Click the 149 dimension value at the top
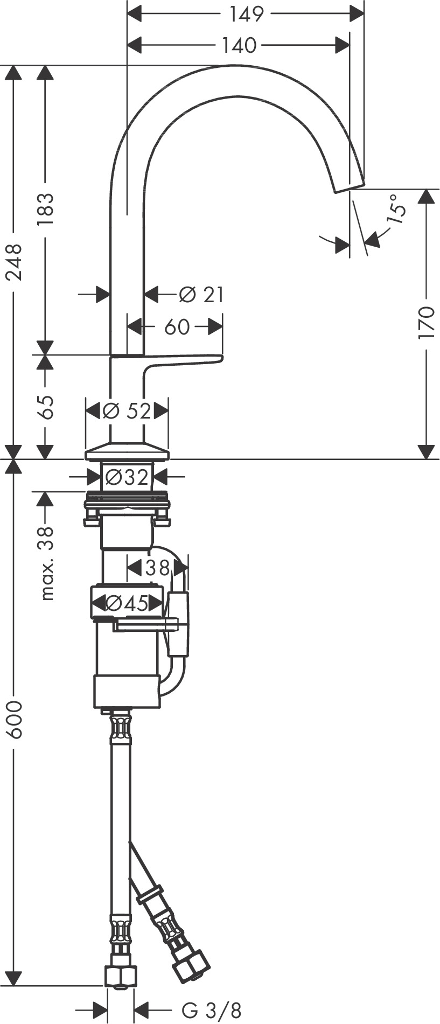(247, 14)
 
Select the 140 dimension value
(239, 46)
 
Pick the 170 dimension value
(427, 322)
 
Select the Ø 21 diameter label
(201, 295)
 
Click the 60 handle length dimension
(177, 326)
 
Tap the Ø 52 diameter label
(127, 412)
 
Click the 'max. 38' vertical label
(47, 563)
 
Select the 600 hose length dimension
(15, 719)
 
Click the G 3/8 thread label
(211, 1010)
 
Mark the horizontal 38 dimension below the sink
(156, 567)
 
